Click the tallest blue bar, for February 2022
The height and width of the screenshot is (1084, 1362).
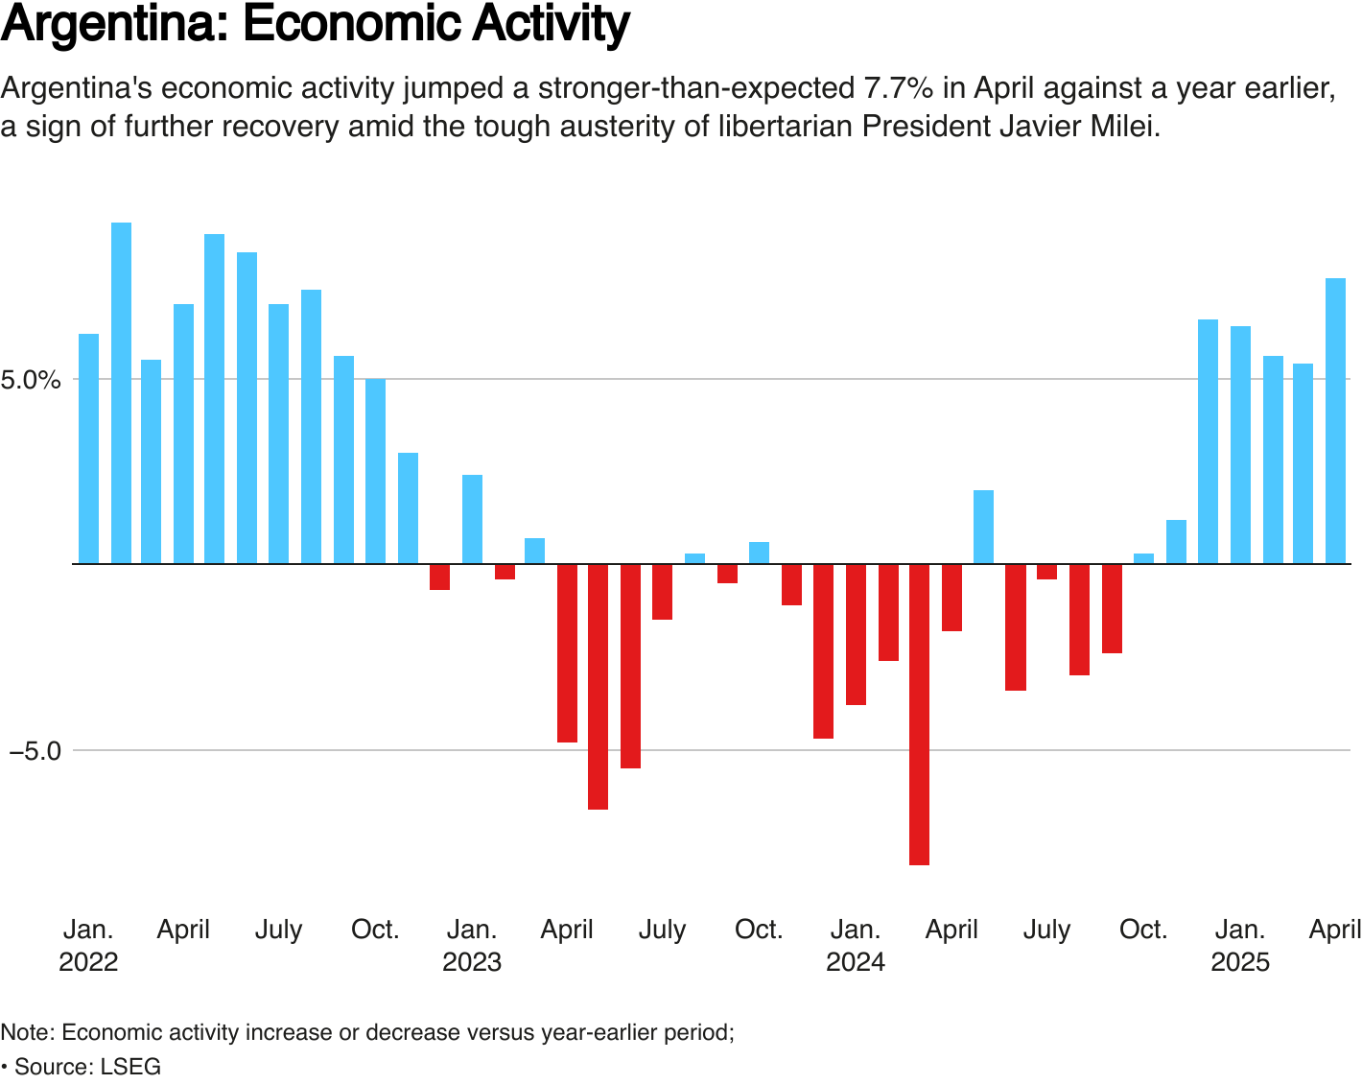tap(121, 393)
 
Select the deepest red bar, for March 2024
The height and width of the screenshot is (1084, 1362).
tap(919, 715)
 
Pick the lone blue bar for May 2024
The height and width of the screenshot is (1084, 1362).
tap(983, 527)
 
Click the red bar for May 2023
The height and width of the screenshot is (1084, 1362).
tap(598, 687)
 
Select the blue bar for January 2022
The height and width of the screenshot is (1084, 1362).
tap(88, 448)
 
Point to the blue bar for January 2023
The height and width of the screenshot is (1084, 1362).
tap(472, 519)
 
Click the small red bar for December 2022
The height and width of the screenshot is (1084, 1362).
tap(439, 577)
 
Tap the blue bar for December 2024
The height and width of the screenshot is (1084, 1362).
tap(1208, 441)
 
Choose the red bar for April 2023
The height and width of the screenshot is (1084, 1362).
tap(567, 653)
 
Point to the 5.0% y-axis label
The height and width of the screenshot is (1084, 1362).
tap(31, 380)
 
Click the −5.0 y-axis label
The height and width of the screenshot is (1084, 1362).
tap(35, 751)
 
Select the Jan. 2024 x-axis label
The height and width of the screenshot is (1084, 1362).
tap(856, 945)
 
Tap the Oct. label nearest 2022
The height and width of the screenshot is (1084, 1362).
tap(375, 930)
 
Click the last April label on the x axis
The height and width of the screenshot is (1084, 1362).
tap(1335, 930)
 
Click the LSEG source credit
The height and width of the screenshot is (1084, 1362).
tap(130, 1067)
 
